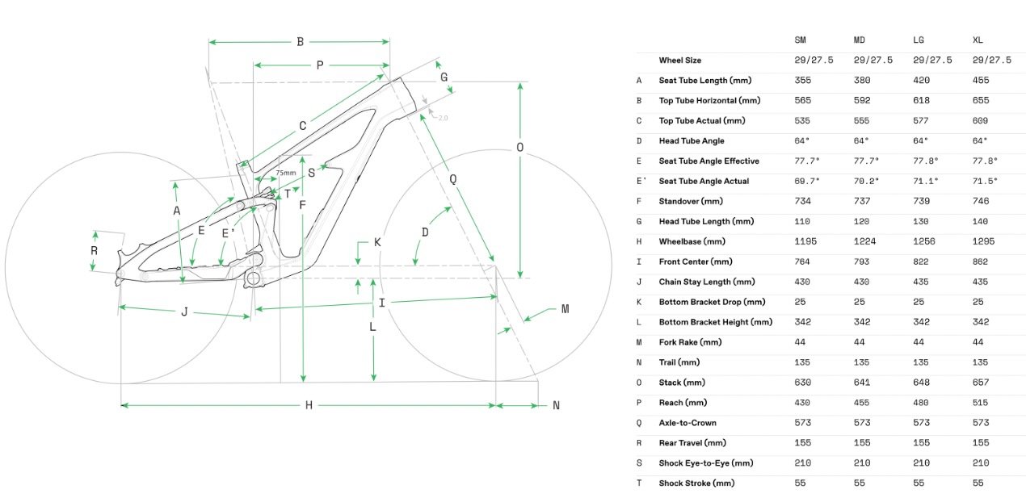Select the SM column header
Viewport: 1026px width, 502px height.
801,40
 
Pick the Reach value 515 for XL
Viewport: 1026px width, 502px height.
980,403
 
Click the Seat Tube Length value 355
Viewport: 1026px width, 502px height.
802,80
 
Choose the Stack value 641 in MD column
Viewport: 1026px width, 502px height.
862,383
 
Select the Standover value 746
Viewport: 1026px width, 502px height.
980,201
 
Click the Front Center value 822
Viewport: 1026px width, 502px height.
922,261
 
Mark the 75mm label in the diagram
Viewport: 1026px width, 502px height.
285,173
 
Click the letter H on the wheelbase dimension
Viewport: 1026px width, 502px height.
309,405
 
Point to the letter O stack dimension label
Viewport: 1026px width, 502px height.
519,147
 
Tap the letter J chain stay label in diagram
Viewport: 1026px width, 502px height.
184,312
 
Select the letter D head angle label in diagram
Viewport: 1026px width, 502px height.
425,232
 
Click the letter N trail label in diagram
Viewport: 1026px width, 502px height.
556,405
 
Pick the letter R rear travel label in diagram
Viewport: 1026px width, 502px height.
95,250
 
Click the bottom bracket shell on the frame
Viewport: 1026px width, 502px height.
253,278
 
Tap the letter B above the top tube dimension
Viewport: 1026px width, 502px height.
300,42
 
